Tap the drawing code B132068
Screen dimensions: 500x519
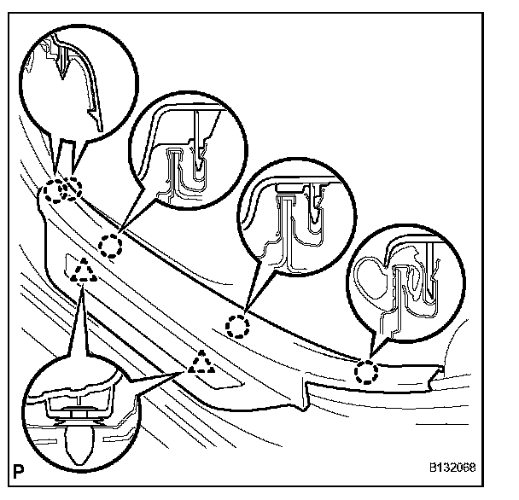point(452,468)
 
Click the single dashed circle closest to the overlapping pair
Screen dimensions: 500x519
point(111,247)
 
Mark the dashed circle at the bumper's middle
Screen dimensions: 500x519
point(238,325)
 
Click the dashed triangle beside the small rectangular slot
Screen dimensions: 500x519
point(84,271)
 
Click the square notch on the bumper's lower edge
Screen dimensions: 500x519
point(306,394)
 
